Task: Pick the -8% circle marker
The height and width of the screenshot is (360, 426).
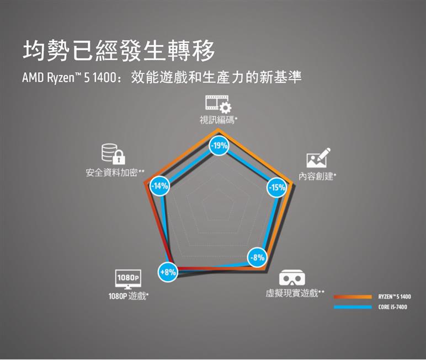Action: [257, 257]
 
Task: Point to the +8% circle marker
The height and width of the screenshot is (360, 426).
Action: [168, 272]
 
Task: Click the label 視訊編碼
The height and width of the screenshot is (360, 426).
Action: [217, 120]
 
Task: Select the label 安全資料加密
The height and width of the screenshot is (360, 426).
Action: [111, 173]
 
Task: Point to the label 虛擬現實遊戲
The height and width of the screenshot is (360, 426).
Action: [292, 292]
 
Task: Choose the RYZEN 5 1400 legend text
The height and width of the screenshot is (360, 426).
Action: [394, 297]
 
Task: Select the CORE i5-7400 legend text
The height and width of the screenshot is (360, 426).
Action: [392, 307]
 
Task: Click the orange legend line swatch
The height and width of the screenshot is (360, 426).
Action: [353, 297]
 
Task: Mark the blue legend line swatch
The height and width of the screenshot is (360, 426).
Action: [353, 307]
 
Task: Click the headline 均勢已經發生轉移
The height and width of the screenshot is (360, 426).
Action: [118, 51]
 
